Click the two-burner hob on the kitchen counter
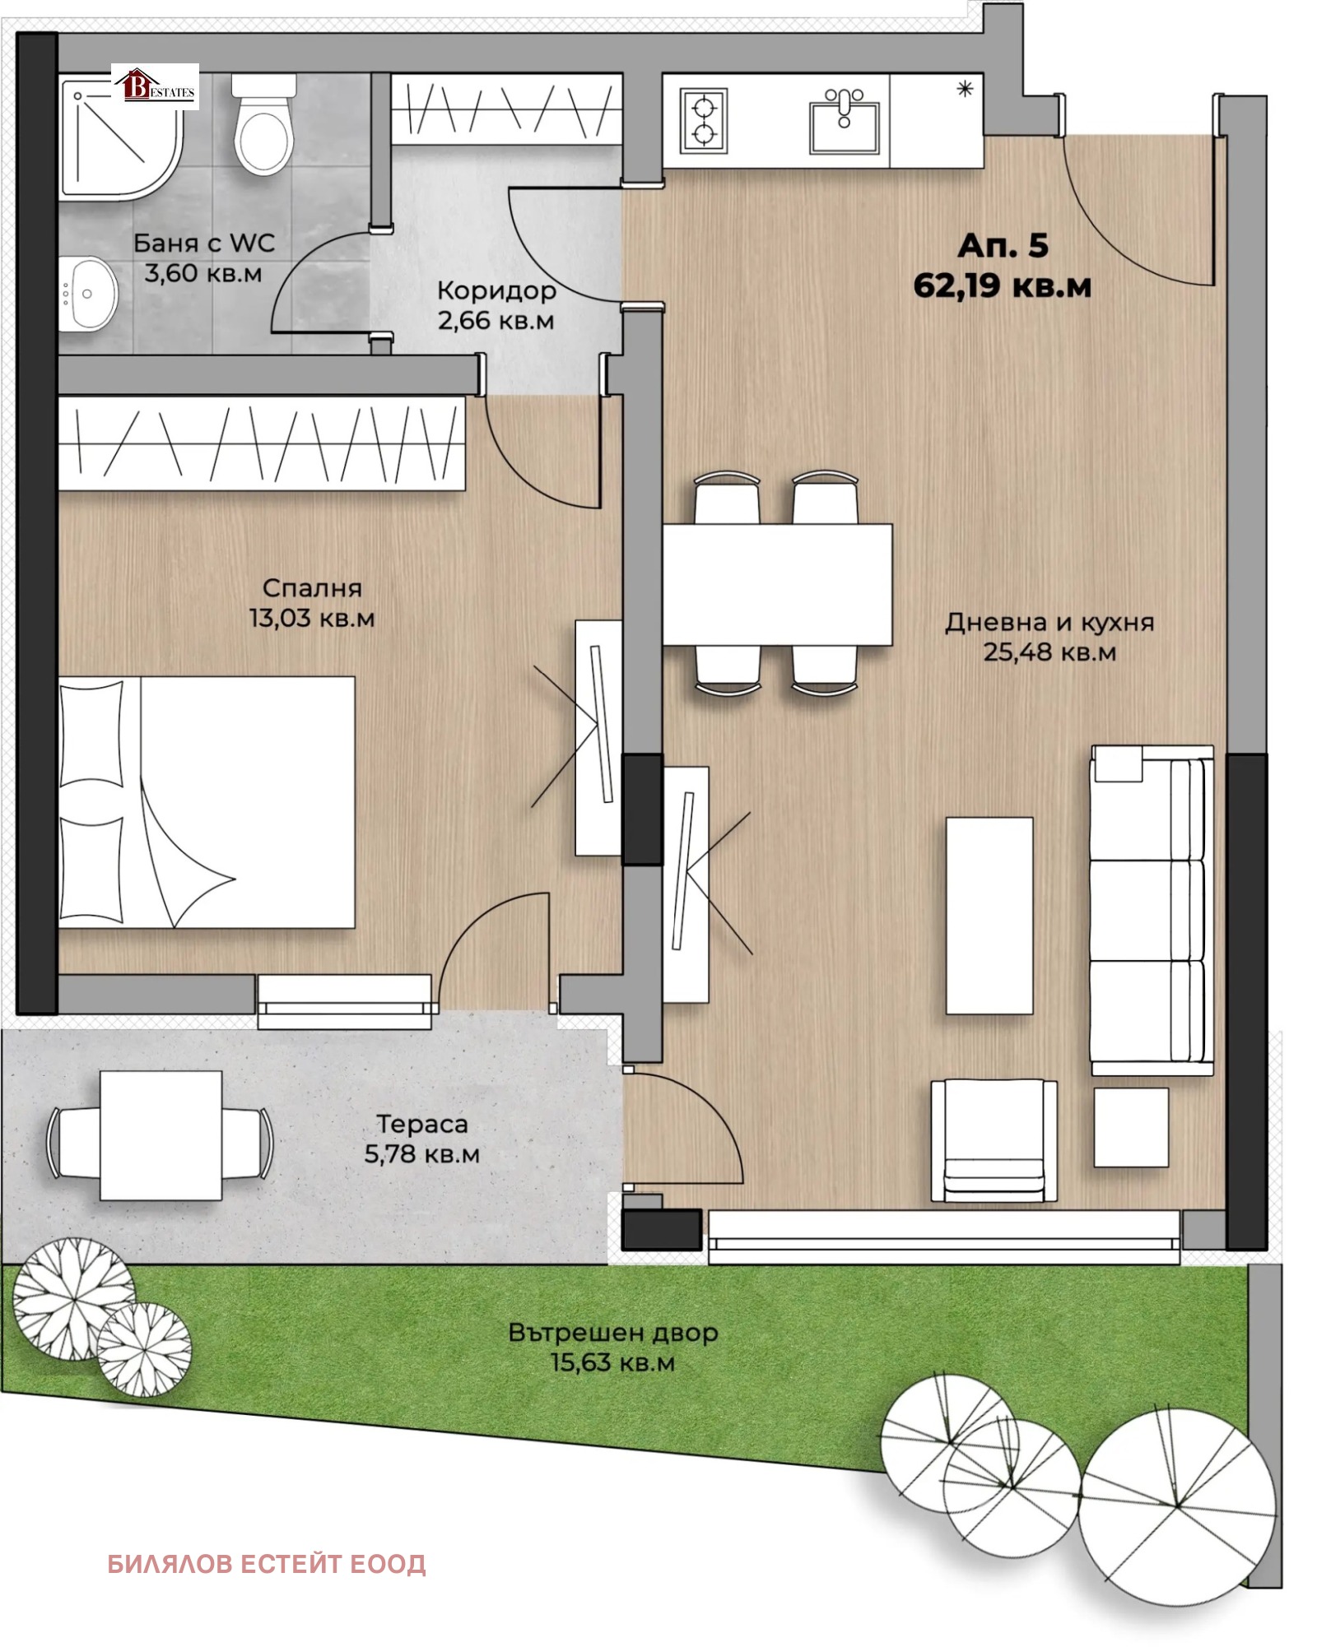click(x=705, y=121)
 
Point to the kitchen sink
click(x=844, y=123)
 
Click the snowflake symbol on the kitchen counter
click(x=965, y=89)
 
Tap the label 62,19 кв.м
click(x=1002, y=285)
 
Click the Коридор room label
click(x=496, y=290)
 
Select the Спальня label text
click(x=312, y=587)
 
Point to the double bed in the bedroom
click(x=206, y=802)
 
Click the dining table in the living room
click(x=777, y=584)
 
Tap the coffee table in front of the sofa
click(x=989, y=915)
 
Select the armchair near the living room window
click(x=994, y=1140)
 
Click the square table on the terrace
click(x=161, y=1134)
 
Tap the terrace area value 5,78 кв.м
click(x=421, y=1154)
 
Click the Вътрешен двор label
click(x=612, y=1332)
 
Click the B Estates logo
click(x=156, y=86)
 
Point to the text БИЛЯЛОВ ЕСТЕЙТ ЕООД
click(x=267, y=1563)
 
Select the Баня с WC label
click(x=204, y=243)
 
